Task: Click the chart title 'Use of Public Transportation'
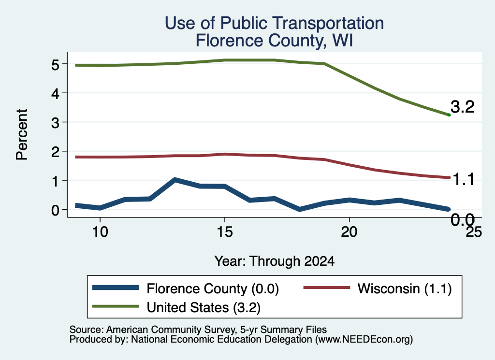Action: pyautogui.click(x=274, y=23)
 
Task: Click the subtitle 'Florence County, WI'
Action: pyautogui.click(x=274, y=41)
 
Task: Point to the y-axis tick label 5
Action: pyautogui.click(x=55, y=65)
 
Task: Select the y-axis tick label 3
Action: pyautogui.click(x=55, y=123)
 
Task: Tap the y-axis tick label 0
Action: pyautogui.click(x=55, y=210)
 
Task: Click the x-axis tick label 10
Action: pyautogui.click(x=100, y=232)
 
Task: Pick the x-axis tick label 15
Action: pyautogui.click(x=225, y=232)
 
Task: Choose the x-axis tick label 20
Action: pyautogui.click(x=349, y=232)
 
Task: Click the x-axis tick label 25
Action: pyautogui.click(x=474, y=232)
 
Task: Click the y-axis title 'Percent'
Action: pyautogui.click(x=22, y=134)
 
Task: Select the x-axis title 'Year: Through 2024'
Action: pyautogui.click(x=275, y=261)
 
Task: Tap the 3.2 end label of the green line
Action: pyautogui.click(x=463, y=107)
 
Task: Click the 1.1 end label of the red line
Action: pyautogui.click(x=464, y=180)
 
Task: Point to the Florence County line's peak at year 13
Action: pyautogui.click(x=175, y=180)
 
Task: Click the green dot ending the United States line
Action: pyautogui.click(x=449, y=115)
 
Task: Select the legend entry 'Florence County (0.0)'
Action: pyautogui.click(x=186, y=288)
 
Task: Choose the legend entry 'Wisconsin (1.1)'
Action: pyautogui.click(x=378, y=288)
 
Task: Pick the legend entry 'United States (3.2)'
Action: pyautogui.click(x=176, y=307)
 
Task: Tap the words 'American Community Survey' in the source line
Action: pyautogui.click(x=171, y=330)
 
